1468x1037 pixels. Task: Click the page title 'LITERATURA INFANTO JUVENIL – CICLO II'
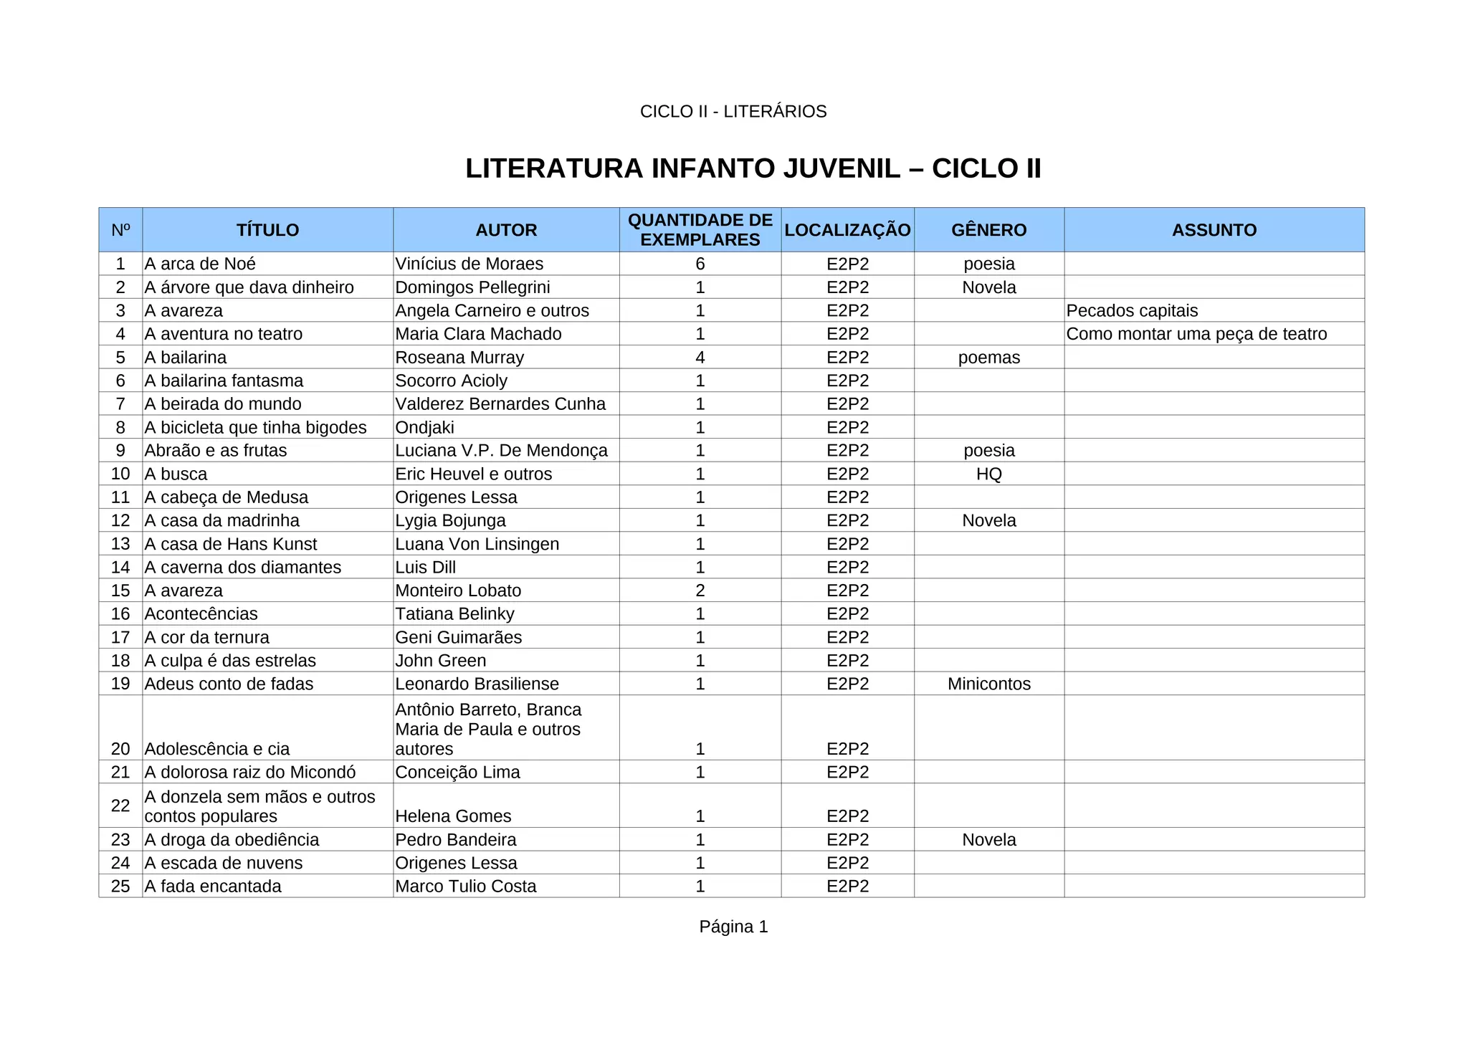coord(753,169)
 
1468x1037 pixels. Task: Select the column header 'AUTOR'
coord(506,230)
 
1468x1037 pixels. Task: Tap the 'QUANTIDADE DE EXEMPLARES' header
coord(700,230)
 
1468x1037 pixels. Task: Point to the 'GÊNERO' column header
coord(988,230)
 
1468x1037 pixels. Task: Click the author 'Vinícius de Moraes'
coord(469,264)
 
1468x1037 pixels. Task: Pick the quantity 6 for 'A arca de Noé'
coord(700,264)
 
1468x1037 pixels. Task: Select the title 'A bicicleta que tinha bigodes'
coord(255,428)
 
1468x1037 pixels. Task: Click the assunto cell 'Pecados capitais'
coord(1132,311)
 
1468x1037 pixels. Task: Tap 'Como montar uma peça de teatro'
coord(1196,334)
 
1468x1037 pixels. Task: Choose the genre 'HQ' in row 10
coord(988,474)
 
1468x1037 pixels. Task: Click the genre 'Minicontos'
coord(988,684)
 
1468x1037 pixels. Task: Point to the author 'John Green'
coord(440,661)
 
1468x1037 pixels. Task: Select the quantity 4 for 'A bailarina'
coord(700,358)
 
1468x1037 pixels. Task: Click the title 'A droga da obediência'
coord(232,840)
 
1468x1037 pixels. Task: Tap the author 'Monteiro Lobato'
coord(458,591)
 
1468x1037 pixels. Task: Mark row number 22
coord(120,806)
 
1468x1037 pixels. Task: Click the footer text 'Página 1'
coord(733,927)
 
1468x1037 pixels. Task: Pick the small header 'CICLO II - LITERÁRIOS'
coord(733,112)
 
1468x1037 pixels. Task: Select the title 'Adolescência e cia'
coord(216,749)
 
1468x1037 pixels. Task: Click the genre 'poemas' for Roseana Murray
coord(988,358)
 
